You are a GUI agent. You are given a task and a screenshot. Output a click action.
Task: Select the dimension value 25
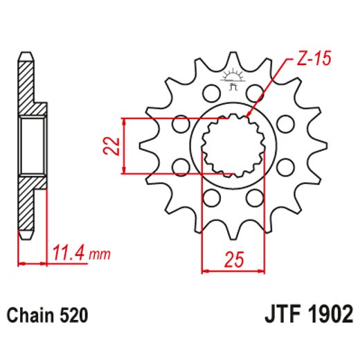(233, 260)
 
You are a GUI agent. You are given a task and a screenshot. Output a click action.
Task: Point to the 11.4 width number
(70, 253)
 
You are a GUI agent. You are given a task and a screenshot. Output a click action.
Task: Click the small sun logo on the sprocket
(233, 78)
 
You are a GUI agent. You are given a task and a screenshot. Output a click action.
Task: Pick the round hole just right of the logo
(256, 91)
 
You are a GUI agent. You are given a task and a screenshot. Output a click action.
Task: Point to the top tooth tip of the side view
(24, 58)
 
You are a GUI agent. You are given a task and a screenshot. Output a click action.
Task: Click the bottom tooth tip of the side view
(24, 235)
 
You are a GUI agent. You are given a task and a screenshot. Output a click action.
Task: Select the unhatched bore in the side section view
(31, 146)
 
